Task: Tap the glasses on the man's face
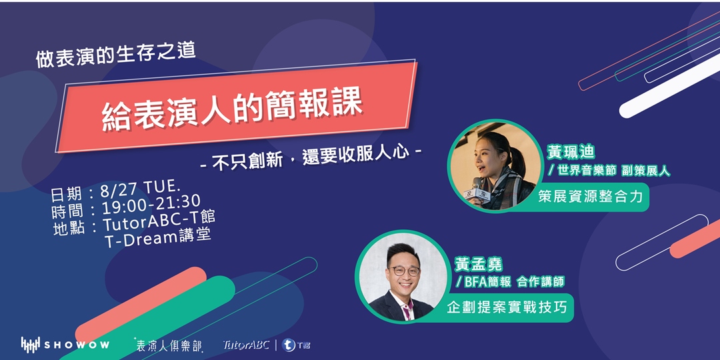tap(404, 271)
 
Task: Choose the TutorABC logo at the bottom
tap(246, 345)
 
